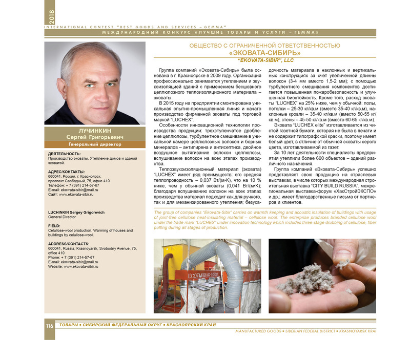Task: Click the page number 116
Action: point(49,326)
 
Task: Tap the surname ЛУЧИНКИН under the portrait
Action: point(87,131)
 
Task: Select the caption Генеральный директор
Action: point(87,144)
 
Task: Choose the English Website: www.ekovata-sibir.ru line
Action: point(73,267)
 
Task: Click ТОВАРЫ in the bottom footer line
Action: point(68,326)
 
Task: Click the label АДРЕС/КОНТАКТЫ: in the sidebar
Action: point(66,171)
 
